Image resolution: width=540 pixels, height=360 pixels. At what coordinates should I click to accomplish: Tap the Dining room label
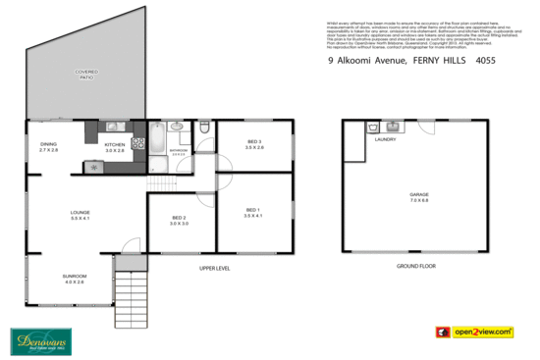[x=48, y=148]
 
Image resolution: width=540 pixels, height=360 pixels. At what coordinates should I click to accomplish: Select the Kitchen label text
[x=115, y=148]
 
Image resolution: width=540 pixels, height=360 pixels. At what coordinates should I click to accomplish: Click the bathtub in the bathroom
[x=156, y=136]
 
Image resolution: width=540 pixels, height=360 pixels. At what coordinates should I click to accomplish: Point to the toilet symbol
[x=203, y=128]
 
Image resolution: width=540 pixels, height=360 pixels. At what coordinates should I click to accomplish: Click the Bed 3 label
[x=253, y=145]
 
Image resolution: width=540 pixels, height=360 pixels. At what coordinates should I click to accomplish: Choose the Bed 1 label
[x=252, y=213]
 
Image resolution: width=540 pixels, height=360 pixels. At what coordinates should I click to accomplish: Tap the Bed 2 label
[x=179, y=221]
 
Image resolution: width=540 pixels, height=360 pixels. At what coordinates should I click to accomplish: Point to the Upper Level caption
[x=214, y=267]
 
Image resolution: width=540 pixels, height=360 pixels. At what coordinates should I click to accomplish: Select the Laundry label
[x=385, y=139]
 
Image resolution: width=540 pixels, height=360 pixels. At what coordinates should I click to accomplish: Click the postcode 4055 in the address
[x=485, y=60]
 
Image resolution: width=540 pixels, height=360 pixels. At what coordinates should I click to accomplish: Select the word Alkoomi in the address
[x=357, y=60]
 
